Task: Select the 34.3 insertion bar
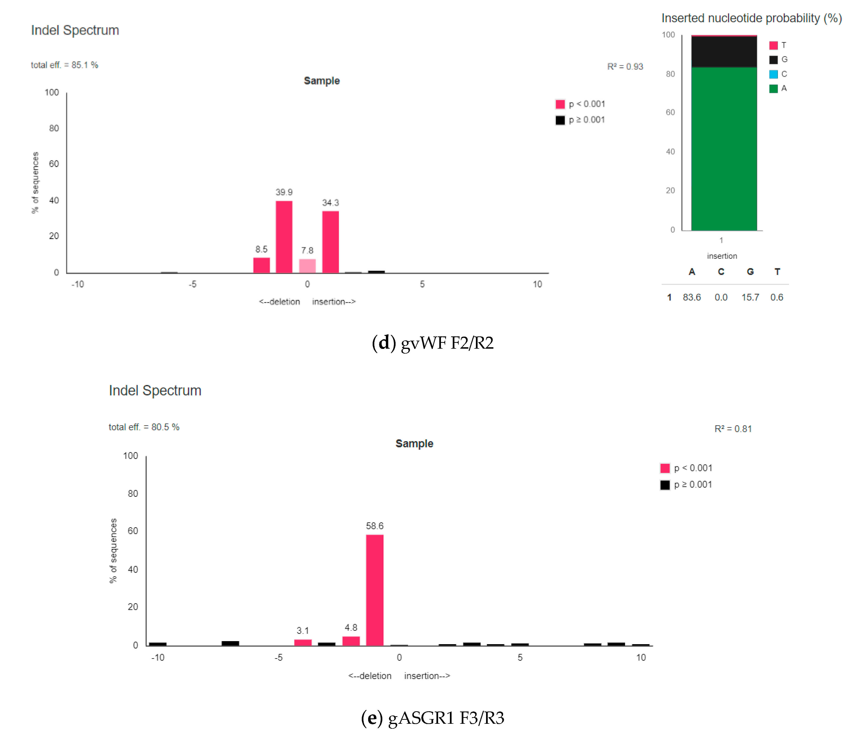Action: [330, 242]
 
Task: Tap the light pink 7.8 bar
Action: [307, 266]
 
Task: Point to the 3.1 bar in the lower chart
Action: [303, 642]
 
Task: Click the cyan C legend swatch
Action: [773, 74]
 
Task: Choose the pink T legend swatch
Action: [773, 45]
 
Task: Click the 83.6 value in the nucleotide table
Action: [692, 297]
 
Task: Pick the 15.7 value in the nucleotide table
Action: [750, 297]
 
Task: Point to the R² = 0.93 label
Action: [625, 67]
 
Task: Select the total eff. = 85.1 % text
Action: [65, 65]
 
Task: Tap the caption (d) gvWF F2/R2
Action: [433, 343]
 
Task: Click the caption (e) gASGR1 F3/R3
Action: [433, 718]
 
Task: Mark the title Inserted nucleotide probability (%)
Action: [751, 18]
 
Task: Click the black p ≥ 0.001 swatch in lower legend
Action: [665, 485]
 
